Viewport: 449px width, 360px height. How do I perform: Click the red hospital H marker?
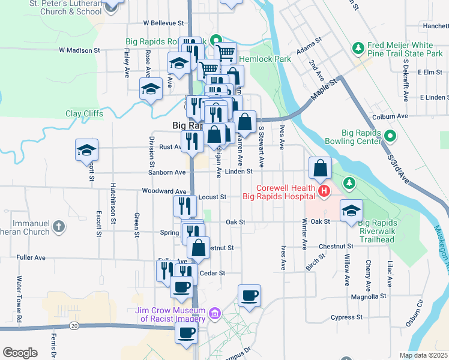[x=324, y=191]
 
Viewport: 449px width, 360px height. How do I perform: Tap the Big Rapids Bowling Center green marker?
[x=391, y=137]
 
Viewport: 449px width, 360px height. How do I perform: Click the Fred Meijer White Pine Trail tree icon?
[x=358, y=47]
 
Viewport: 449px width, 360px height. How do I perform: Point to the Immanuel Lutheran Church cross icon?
[x=58, y=226]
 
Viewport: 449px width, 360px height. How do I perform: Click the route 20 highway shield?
[x=73, y=325]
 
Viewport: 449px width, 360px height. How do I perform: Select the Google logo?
[x=20, y=352]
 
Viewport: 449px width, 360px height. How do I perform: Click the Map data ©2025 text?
[x=423, y=355]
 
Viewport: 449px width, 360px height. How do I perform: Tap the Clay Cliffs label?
[x=84, y=113]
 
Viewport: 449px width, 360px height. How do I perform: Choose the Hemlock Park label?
[x=265, y=59]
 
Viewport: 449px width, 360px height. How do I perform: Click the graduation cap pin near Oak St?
[x=351, y=211]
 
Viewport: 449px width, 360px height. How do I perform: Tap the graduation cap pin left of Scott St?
[x=87, y=149]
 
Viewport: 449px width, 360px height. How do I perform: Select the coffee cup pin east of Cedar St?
[x=249, y=295]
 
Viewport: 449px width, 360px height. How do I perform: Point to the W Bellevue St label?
[x=163, y=23]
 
